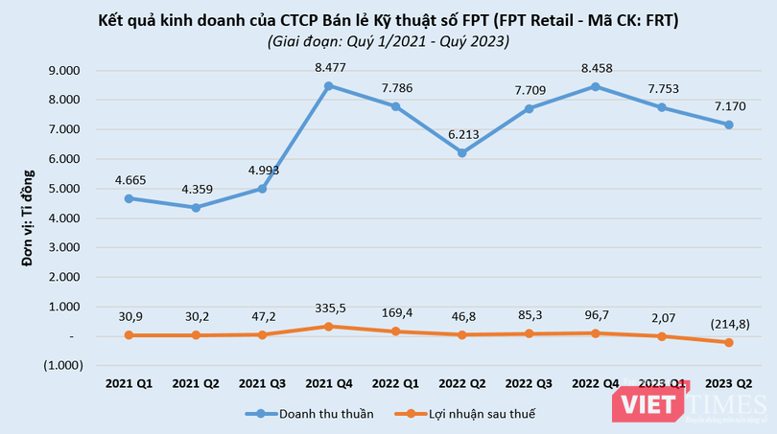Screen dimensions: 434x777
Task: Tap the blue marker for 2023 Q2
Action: coord(730,125)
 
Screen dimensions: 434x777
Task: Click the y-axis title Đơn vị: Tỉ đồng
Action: coord(28,218)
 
